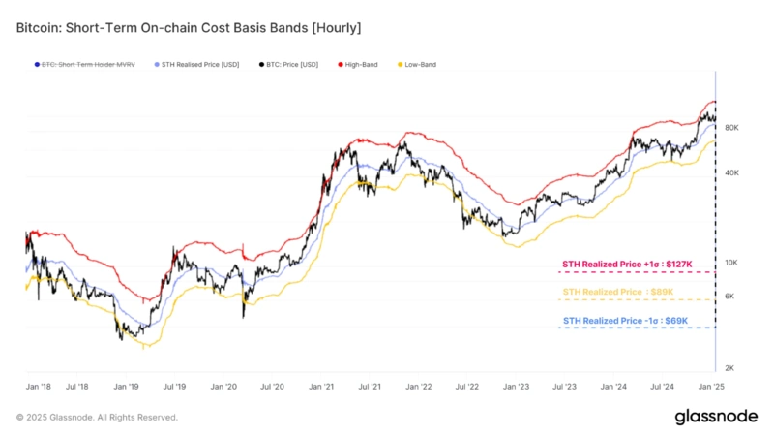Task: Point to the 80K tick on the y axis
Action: pos(731,128)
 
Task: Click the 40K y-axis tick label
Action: pos(731,172)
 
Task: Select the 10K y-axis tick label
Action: pos(731,263)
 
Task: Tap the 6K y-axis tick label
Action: pos(731,296)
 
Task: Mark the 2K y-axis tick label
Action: pos(731,367)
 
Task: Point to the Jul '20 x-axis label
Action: pos(271,386)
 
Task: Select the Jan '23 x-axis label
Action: pos(515,386)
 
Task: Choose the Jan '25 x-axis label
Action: pos(711,386)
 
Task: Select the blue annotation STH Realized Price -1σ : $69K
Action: pos(624,320)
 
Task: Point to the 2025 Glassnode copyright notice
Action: pos(97,417)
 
